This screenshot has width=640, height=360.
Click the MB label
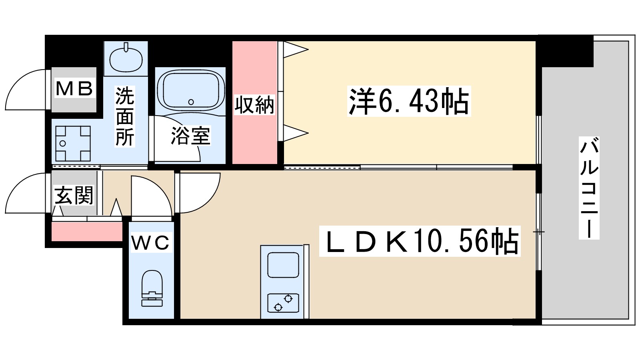74,88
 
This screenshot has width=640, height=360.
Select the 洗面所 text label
125,116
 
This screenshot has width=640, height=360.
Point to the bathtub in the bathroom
190,90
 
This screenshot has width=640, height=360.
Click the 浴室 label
190,136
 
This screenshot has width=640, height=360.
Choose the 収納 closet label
254,105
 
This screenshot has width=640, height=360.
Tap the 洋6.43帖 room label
409,101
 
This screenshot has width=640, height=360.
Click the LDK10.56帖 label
420,241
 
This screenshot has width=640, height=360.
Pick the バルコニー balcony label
589,188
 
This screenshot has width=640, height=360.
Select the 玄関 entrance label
74,195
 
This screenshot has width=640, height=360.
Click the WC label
151,242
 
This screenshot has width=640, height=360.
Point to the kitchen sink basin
283,264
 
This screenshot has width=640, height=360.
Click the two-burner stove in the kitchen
283,303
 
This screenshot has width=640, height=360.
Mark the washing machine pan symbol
73,144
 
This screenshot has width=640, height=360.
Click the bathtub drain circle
191,102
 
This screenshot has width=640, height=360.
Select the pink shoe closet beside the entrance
87,232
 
